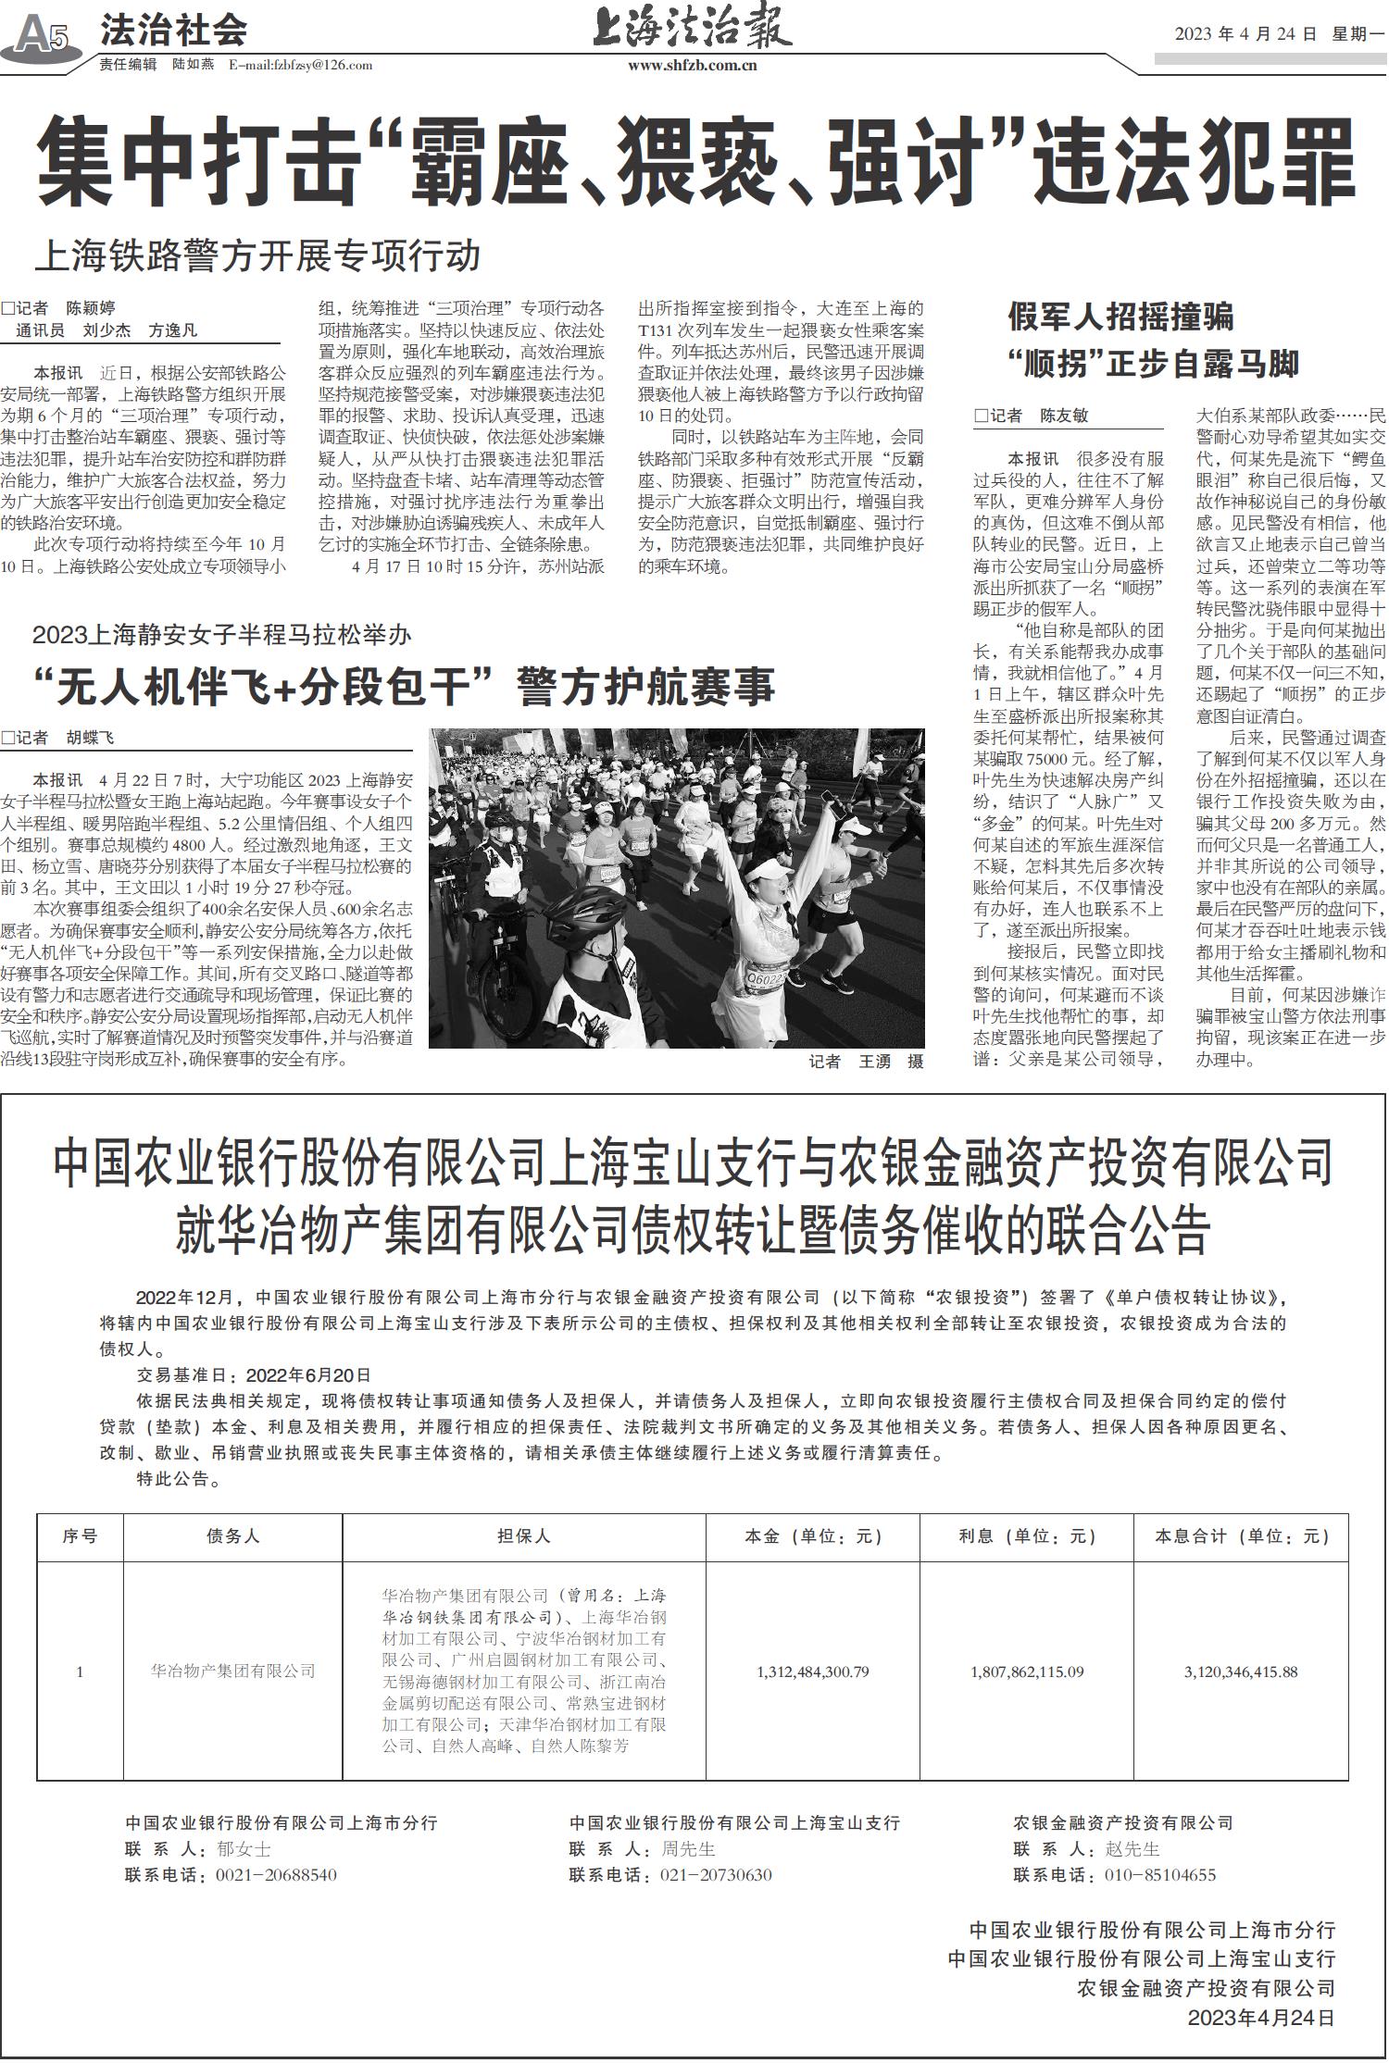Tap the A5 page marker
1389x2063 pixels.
42,36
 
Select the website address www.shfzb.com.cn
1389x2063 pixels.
692,65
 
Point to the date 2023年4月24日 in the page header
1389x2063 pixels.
1245,34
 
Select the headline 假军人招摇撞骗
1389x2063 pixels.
1120,317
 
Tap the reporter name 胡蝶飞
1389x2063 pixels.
90,738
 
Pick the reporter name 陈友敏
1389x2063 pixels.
1064,416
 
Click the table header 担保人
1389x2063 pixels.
524,1535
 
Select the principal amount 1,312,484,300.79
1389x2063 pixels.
813,1672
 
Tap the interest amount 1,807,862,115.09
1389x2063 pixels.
1027,1672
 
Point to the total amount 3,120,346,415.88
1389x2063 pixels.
1241,1672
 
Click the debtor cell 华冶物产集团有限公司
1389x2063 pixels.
233,1672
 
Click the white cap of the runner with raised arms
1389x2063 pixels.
770,873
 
